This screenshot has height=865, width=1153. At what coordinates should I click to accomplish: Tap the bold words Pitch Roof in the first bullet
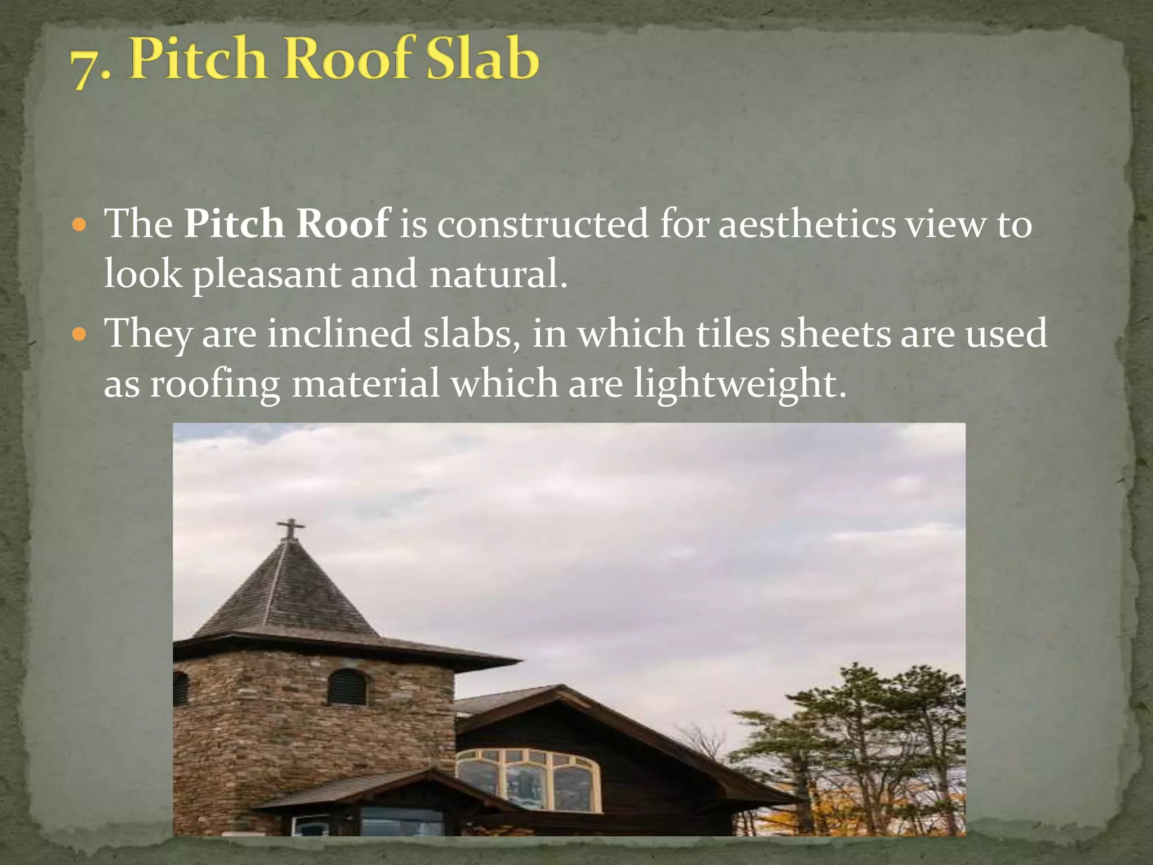point(287,224)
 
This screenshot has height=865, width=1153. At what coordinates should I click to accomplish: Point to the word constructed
point(543,224)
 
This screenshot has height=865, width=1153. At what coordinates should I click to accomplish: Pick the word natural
point(498,274)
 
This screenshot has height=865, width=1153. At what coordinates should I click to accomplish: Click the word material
point(365,383)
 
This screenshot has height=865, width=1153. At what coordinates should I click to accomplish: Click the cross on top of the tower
point(291,528)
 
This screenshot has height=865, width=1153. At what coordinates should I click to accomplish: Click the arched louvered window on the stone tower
point(347,688)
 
